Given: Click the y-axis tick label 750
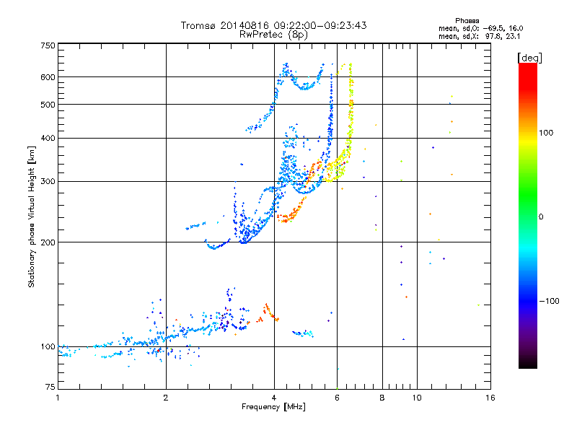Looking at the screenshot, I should pos(48,45).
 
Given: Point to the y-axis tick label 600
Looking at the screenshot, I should pos(48,77).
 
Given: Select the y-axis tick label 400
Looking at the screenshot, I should pos(48,138).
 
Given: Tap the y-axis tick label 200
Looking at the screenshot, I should pos(48,242).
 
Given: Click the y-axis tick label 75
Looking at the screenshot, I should pos(50,388).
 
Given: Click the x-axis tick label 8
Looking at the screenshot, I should pos(382,398).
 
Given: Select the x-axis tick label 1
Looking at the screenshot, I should pos(58,398).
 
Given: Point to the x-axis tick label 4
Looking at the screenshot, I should pos(274,398).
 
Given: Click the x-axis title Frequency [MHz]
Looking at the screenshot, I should pos(274,407).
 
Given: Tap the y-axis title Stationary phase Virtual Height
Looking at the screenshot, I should pos(32,217).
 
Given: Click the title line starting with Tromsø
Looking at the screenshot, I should pos(274,25).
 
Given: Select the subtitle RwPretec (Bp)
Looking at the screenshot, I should pos(274,34).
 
